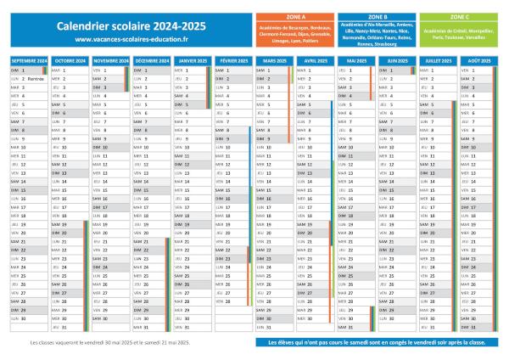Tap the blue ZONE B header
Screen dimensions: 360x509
click(378, 16)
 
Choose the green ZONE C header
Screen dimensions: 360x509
click(459, 16)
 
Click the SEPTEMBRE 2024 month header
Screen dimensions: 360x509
click(29, 61)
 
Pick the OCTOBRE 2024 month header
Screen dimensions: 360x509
click(70, 61)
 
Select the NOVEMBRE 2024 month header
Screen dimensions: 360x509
click(110, 61)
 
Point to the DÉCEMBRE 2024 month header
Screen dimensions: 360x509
click(151, 61)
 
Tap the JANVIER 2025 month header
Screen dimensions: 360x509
click(193, 61)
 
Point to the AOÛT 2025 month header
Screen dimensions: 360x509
click(479, 61)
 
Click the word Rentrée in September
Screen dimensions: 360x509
click(36, 79)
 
